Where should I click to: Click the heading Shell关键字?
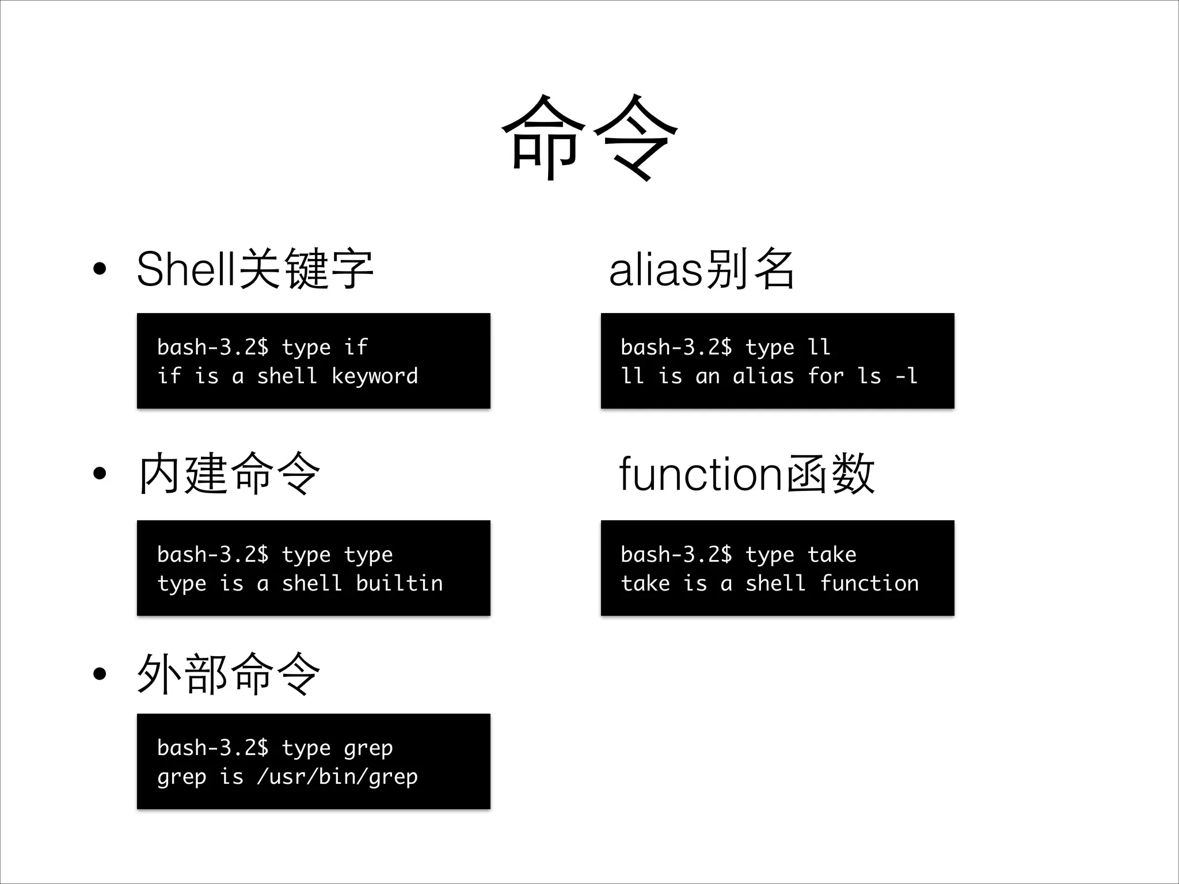pyautogui.click(x=255, y=269)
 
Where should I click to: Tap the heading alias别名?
pyautogui.click(x=702, y=269)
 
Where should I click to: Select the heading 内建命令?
pyautogui.click(x=229, y=474)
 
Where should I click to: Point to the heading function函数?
pyautogui.click(x=747, y=474)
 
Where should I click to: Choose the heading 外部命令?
pyautogui.click(x=229, y=674)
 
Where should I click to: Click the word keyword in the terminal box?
pyautogui.click(x=375, y=376)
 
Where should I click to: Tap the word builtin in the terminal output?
pyautogui.click(x=400, y=584)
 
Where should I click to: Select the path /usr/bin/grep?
pyautogui.click(x=337, y=777)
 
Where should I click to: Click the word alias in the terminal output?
pyautogui.click(x=763, y=376)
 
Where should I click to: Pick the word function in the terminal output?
pyautogui.click(x=869, y=584)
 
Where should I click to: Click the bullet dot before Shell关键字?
pyautogui.click(x=100, y=269)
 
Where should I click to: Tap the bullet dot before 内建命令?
pyautogui.click(x=100, y=474)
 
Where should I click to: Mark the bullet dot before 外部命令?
pyautogui.click(x=100, y=674)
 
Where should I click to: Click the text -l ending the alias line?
pyautogui.click(x=906, y=376)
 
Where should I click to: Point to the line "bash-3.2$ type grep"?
pyautogui.click(x=275, y=748)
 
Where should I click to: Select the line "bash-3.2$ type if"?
pyautogui.click(x=263, y=348)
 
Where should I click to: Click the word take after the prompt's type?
pyautogui.click(x=832, y=555)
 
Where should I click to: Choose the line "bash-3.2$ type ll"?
pyautogui.click(x=725, y=348)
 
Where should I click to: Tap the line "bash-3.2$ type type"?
pyautogui.click(x=275, y=555)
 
